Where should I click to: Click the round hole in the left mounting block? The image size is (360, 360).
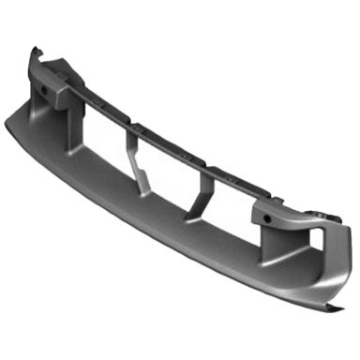pyautogui.click(x=44, y=90)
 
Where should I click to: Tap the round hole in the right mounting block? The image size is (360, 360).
pyautogui.click(x=270, y=217)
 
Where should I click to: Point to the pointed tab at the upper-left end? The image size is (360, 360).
pyautogui.click(x=36, y=49)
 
